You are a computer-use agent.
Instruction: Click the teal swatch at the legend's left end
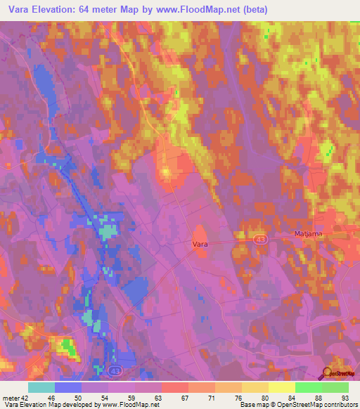tap(41, 387)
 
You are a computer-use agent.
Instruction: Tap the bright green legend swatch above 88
tap(308, 387)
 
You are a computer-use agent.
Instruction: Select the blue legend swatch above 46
tap(68, 387)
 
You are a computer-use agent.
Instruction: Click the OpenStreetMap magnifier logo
tap(326, 373)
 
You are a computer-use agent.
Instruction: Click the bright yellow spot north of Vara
tap(167, 171)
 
